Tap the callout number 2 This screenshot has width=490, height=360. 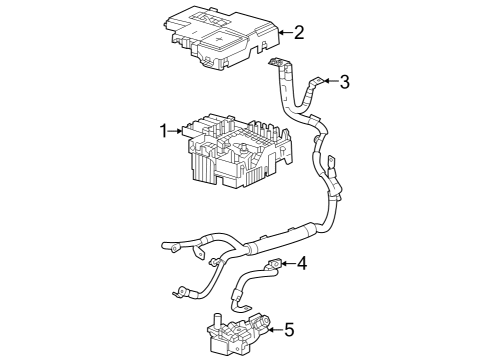click(299, 33)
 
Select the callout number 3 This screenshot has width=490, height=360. click(345, 81)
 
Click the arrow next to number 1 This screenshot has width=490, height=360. click(177, 131)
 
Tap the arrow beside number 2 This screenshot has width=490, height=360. click(284, 33)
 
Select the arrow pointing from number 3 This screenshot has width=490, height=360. click(331, 81)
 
